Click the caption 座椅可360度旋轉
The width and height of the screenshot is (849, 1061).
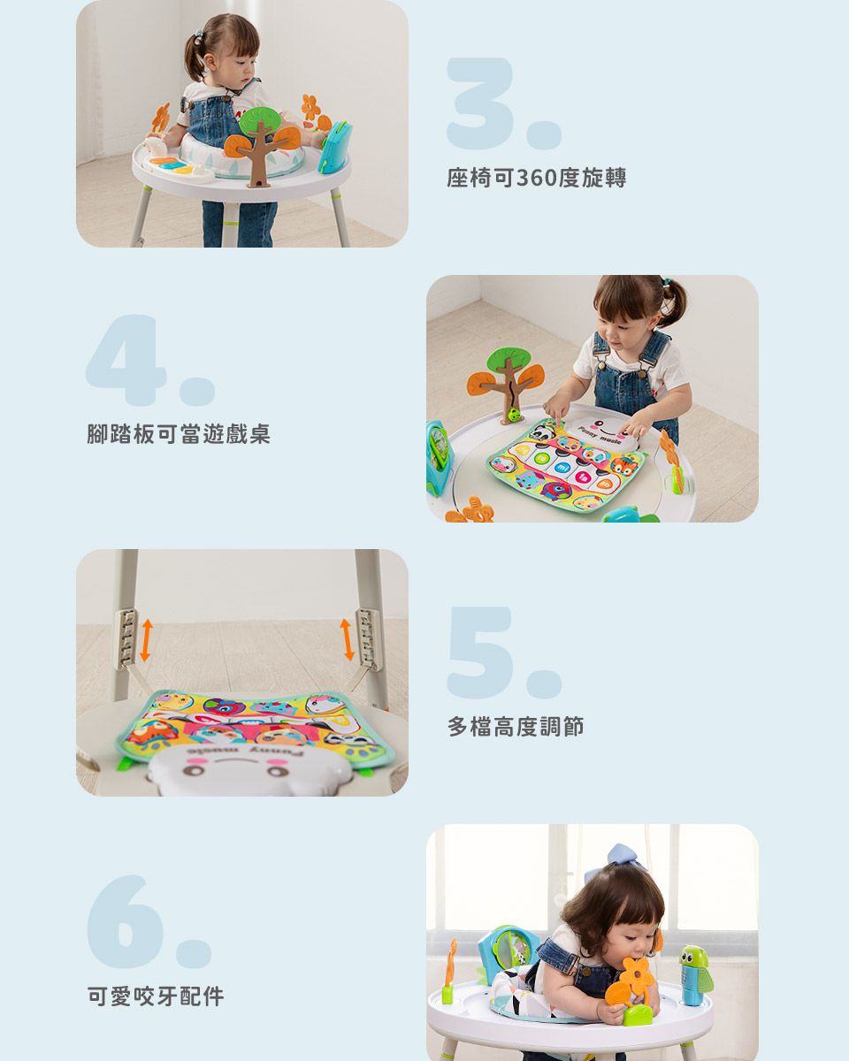[536, 179]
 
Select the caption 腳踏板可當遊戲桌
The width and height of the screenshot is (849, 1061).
[179, 434]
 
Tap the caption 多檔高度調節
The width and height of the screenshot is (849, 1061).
[516, 728]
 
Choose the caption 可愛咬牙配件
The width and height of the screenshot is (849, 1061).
[156, 997]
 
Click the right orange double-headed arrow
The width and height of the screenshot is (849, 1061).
[348, 638]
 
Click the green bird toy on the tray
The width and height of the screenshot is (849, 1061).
[695, 973]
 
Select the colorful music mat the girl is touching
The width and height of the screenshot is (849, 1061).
[566, 464]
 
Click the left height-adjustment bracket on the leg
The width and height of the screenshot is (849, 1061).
[129, 637]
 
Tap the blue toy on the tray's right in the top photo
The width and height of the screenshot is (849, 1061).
[335, 147]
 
